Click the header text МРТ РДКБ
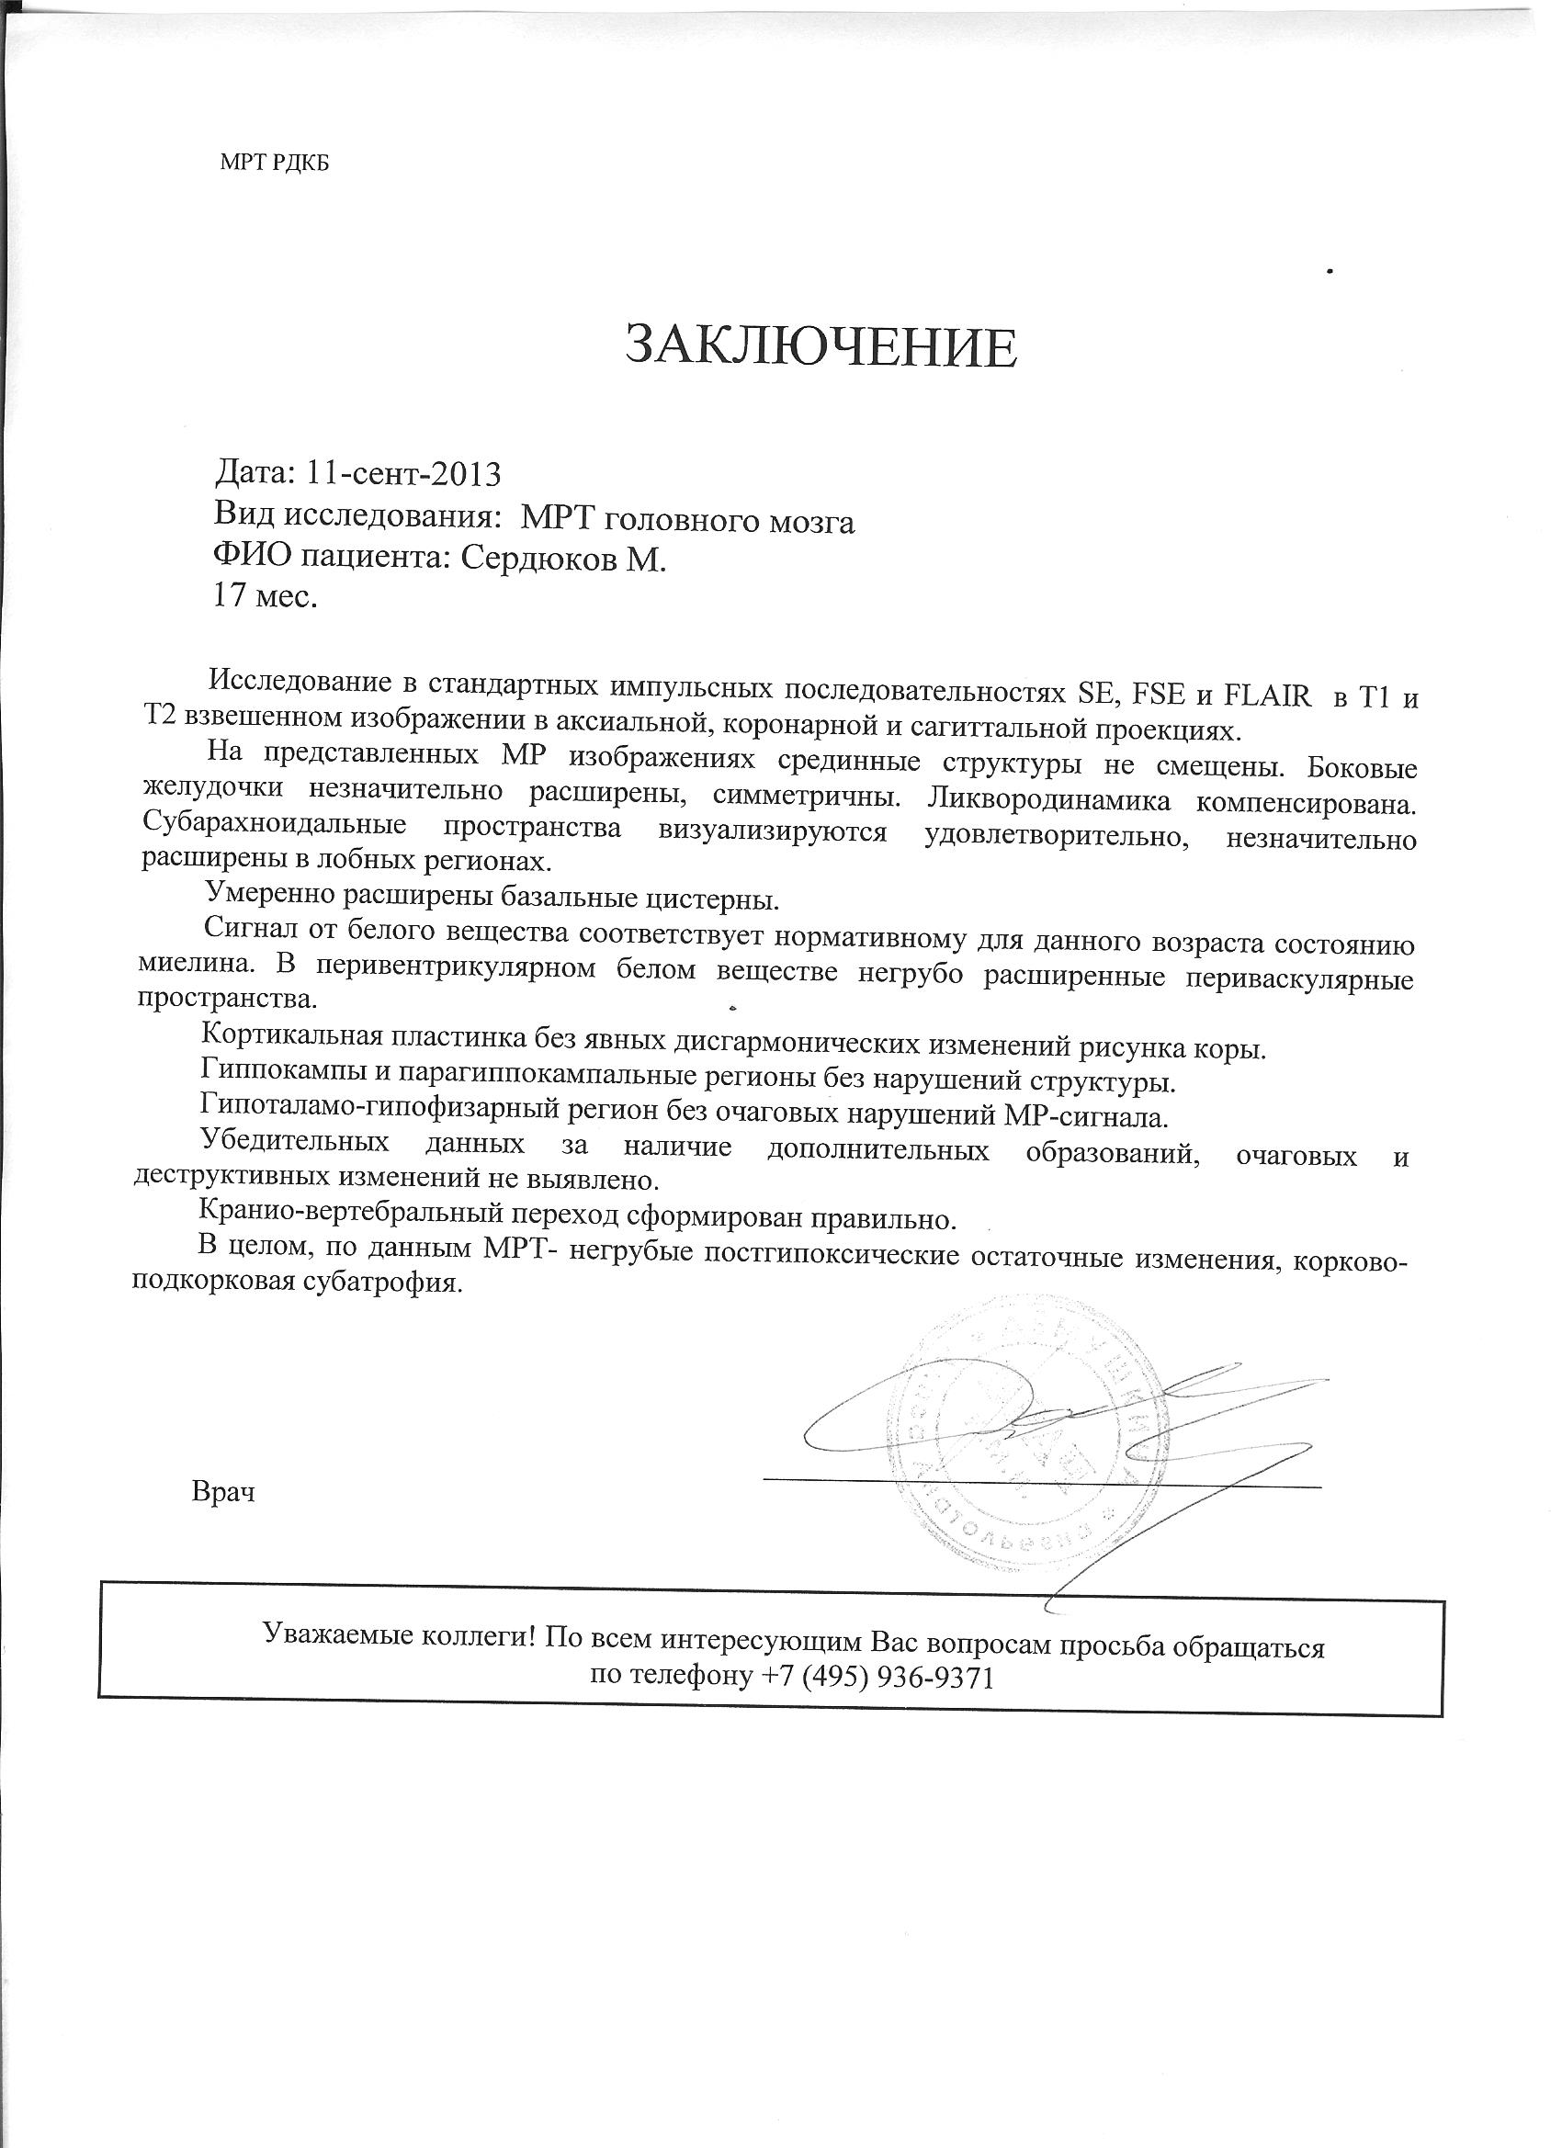[275, 163]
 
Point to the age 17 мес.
[266, 597]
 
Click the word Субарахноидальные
[274, 825]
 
